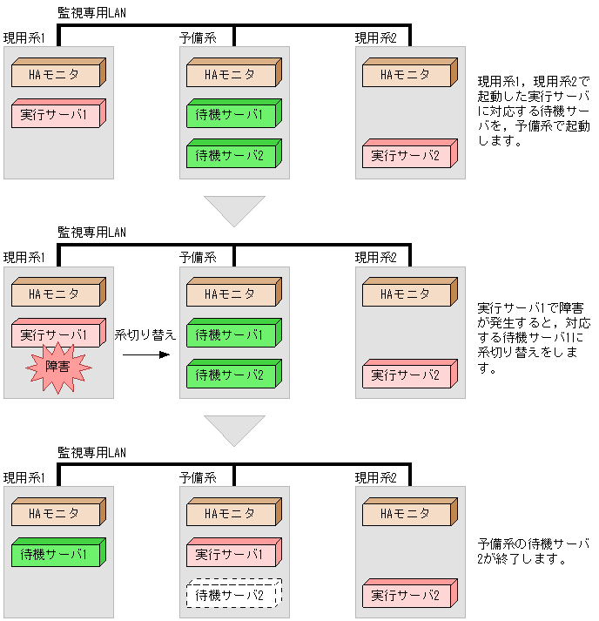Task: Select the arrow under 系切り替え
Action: [x=145, y=354]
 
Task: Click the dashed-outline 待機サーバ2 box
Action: [x=232, y=595]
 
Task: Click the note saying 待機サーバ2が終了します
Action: [x=534, y=550]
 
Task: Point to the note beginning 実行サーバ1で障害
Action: [x=534, y=339]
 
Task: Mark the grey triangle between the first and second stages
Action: [x=234, y=209]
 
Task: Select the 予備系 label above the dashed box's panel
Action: [x=198, y=477]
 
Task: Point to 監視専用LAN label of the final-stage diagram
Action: [x=91, y=452]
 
